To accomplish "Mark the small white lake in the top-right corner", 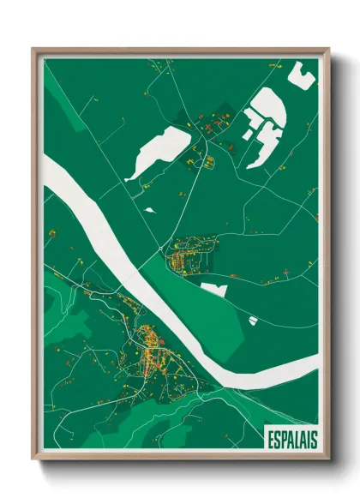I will click(301, 75).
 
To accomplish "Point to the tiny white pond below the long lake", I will click(150, 208).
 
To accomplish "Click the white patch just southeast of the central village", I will click(214, 289).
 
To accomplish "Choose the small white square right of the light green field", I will click(253, 320).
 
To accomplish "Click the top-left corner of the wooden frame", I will click(33, 49).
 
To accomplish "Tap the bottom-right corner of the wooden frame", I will click(329, 462).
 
